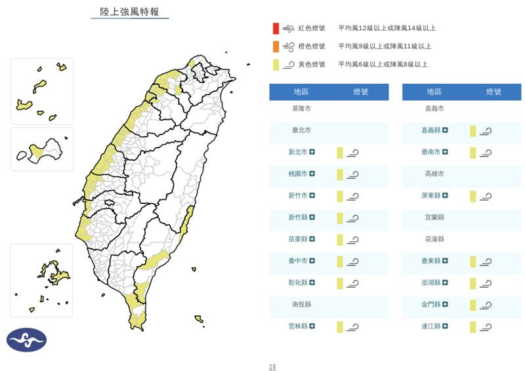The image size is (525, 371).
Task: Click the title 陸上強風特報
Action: coord(129,12)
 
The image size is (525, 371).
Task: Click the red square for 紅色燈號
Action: coord(276,28)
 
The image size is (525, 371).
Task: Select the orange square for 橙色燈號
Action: coord(276,46)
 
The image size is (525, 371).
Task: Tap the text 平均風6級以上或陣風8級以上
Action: coord(383,64)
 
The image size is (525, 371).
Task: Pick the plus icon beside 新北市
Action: coord(312,152)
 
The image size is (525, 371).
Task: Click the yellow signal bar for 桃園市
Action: coord(340,174)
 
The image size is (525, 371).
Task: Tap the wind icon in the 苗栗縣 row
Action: coord(353,240)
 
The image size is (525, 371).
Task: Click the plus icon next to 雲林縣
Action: coord(312,326)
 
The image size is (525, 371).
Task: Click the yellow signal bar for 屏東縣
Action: coord(472,196)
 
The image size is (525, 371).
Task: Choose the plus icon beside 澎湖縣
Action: coord(445,283)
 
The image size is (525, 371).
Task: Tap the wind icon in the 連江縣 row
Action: coord(486,326)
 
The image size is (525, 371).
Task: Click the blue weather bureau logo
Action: coord(27,340)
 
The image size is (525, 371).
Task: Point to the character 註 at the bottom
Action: coord(273,366)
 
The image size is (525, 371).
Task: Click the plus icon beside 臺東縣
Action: coord(445,262)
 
